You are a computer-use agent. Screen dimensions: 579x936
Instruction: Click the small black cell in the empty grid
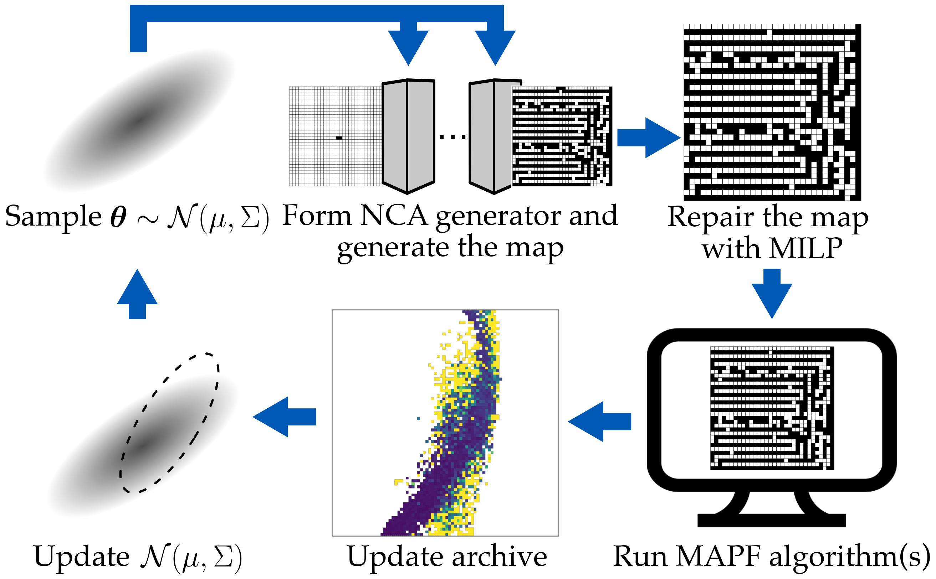click(339, 138)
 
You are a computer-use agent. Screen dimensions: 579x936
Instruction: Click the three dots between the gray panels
click(452, 136)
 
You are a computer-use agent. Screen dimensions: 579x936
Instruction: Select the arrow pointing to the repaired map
click(648, 138)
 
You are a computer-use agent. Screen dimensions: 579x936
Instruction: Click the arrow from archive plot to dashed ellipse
click(283, 417)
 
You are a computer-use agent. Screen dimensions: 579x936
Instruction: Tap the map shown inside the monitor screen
click(772, 408)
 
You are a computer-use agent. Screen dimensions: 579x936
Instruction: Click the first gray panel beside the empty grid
click(408, 136)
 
